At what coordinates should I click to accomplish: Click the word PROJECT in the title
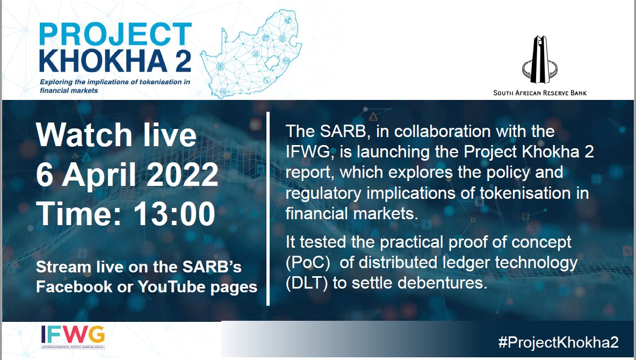(115, 35)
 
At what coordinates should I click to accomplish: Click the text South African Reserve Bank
(540, 93)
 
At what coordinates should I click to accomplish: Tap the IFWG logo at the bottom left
(73, 337)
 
